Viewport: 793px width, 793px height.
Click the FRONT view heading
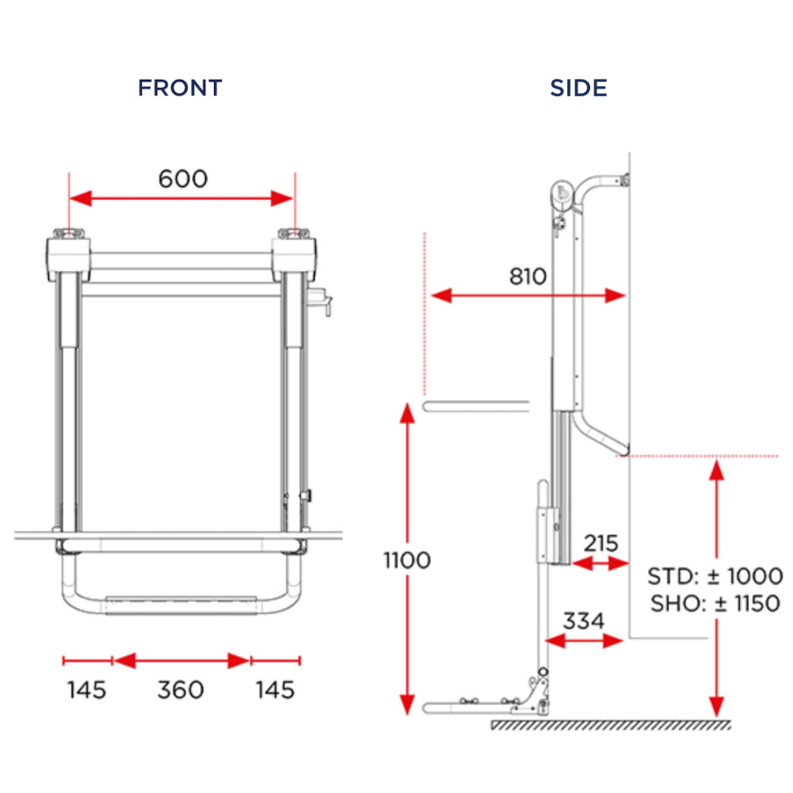(180, 87)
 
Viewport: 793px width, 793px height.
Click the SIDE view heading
(579, 87)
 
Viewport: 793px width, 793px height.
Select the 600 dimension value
(183, 178)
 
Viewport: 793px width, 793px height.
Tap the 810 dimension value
(528, 276)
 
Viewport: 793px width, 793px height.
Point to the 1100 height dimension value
(407, 560)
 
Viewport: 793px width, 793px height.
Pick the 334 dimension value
(584, 620)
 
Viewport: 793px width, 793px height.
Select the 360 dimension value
(181, 689)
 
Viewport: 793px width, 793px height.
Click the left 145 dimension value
(86, 689)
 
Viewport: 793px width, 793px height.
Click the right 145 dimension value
(275, 689)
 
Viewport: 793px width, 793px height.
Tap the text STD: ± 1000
(715, 576)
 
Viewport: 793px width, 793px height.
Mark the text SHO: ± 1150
(715, 604)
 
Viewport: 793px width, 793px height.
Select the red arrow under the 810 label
(528, 295)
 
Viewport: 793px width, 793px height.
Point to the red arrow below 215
(601, 563)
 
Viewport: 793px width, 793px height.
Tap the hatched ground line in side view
(610, 725)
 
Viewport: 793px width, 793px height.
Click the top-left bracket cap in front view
(67, 234)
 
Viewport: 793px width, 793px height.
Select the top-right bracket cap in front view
(294, 234)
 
